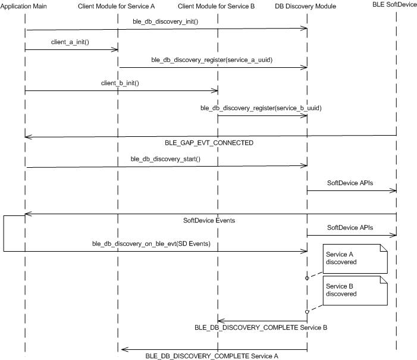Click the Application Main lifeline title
point(23,6)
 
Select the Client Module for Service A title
point(116,6)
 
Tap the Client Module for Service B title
point(216,6)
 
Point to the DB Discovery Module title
point(306,6)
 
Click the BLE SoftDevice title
point(394,4)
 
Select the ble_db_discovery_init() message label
point(165,21)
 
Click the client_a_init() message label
point(70,42)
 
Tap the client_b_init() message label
point(120,83)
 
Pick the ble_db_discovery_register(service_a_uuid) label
point(212,60)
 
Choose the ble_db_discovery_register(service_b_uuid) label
point(261,108)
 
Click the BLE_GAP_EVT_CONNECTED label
point(209,143)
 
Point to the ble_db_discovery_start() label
point(165,159)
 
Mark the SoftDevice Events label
point(209,220)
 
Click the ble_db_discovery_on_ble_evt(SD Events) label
point(151,244)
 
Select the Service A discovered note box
point(355,259)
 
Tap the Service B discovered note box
point(355,290)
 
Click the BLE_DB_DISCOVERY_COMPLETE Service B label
point(261,327)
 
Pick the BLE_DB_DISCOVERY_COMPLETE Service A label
point(212,356)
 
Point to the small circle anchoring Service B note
point(307,312)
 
